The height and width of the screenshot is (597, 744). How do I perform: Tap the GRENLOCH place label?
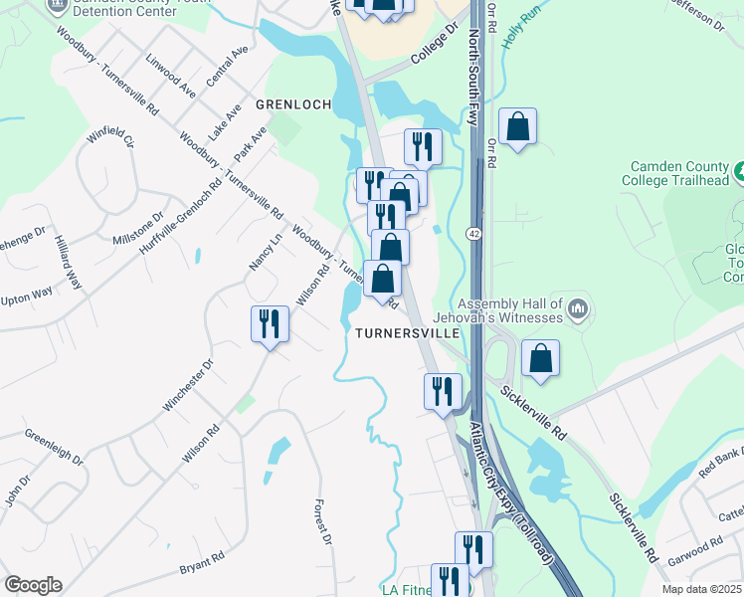tap(292, 103)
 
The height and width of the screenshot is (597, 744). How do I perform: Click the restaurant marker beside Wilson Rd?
tap(270, 324)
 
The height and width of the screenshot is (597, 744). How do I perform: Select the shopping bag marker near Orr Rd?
tap(517, 126)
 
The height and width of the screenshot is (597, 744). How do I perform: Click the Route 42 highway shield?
tap(475, 232)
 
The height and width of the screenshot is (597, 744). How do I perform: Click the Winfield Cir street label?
tap(110, 144)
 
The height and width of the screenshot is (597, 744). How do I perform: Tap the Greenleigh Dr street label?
tap(54, 447)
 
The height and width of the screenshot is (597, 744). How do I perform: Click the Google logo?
tap(33, 585)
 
